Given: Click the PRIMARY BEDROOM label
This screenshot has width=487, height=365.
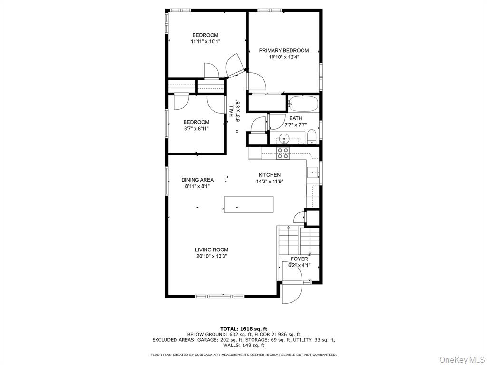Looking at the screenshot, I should coord(283,50).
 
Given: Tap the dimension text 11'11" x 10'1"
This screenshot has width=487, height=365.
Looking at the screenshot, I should coord(205,42).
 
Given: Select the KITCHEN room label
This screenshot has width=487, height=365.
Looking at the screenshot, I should coord(269,175).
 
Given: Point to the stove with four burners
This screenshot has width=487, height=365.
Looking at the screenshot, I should coord(283,153).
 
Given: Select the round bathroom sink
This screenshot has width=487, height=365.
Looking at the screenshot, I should coord(284,139).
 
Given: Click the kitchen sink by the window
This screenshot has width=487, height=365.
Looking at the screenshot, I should coord(313,173).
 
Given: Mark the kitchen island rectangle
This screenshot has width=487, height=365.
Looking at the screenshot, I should coord(249,204).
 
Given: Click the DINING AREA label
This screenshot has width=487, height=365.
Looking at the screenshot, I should coord(197,180).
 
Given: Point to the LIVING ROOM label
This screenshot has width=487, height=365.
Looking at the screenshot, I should coord(211,250).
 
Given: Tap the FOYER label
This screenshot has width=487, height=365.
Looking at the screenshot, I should coord(299,259).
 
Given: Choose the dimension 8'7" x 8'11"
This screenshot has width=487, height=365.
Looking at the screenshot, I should coord(196,128).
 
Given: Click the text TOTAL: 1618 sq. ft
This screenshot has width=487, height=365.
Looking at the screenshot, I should coord(243,328).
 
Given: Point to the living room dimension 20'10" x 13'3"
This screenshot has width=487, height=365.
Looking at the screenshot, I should coord(211,256).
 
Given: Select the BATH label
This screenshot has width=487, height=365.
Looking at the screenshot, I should coord(295,118).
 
